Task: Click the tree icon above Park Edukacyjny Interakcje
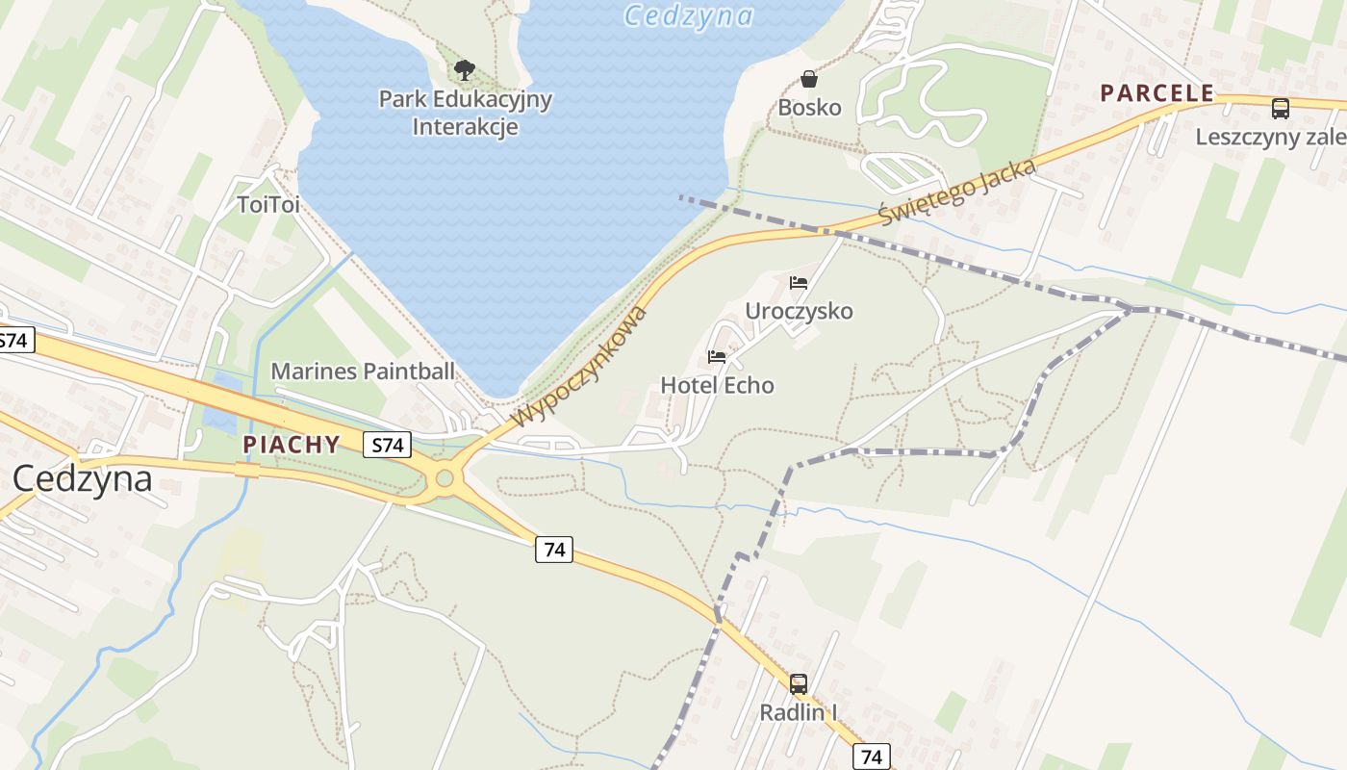click(465, 69)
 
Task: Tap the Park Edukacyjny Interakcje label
click(466, 113)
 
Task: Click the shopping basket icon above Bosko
click(809, 78)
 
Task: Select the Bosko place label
click(809, 107)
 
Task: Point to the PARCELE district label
click(1157, 93)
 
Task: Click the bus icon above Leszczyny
click(1280, 108)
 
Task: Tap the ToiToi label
click(268, 204)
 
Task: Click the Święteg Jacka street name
click(958, 192)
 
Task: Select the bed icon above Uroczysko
click(798, 283)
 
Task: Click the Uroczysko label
click(799, 311)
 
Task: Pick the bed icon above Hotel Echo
click(717, 357)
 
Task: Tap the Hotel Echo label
click(717, 385)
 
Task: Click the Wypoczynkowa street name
click(580, 367)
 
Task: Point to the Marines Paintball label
click(363, 371)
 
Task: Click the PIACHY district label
click(292, 445)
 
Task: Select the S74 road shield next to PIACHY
click(387, 445)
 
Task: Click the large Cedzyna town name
click(82, 478)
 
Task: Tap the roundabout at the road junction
click(445, 477)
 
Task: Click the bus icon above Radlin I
click(798, 684)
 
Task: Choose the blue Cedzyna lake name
click(688, 15)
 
